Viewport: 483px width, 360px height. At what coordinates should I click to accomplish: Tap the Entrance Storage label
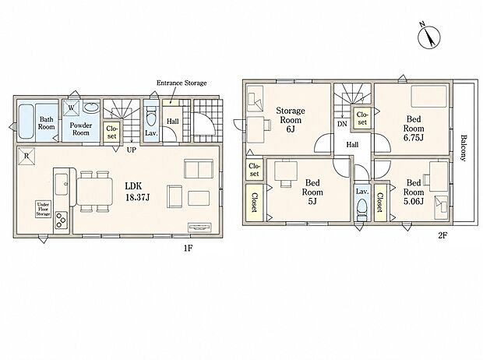(x=182, y=83)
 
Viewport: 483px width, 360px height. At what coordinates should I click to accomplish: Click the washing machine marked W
(x=71, y=108)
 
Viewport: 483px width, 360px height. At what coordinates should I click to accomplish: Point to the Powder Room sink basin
(x=90, y=108)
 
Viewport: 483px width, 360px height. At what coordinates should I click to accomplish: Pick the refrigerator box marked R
(x=26, y=156)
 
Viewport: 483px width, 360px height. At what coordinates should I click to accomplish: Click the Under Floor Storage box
(x=43, y=210)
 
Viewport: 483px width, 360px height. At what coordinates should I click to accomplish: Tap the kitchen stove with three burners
(x=62, y=220)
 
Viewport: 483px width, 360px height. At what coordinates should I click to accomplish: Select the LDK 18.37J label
(x=137, y=192)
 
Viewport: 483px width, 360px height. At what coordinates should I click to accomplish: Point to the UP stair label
(x=132, y=150)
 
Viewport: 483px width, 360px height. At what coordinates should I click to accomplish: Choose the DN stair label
(x=342, y=124)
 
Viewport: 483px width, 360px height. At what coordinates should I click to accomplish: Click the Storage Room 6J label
(x=290, y=119)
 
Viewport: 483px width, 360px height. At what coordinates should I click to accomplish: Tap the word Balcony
(x=463, y=148)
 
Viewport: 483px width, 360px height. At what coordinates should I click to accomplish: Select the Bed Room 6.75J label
(x=414, y=129)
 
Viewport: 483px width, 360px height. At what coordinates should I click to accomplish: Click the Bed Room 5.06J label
(x=414, y=192)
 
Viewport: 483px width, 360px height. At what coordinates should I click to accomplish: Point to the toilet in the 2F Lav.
(x=361, y=210)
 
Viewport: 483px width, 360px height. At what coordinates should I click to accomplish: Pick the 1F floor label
(x=189, y=248)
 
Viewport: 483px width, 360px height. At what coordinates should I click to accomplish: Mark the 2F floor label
(x=442, y=236)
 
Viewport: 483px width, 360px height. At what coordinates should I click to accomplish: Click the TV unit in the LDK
(x=200, y=228)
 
